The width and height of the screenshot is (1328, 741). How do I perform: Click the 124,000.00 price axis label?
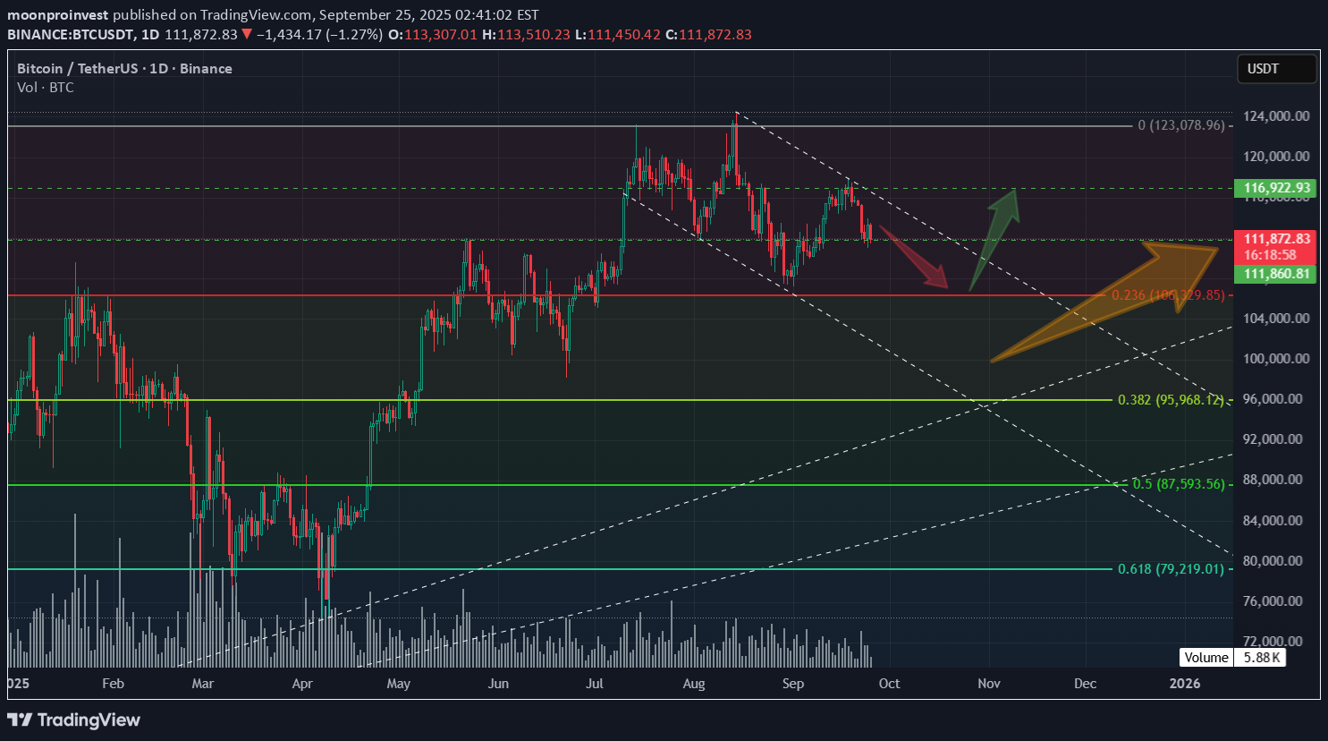[x=1276, y=116]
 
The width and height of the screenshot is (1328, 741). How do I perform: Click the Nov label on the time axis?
[x=988, y=684]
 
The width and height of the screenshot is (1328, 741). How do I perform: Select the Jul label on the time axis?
[x=594, y=684]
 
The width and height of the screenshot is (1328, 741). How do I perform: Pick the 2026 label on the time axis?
[x=1185, y=684]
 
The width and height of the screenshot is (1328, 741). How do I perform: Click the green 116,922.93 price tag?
[x=1276, y=188]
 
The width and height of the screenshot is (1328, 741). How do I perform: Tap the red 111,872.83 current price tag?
[x=1276, y=239]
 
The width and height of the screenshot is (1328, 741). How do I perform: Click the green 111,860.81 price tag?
[x=1276, y=274]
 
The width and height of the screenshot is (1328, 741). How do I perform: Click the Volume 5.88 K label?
[x=1232, y=658]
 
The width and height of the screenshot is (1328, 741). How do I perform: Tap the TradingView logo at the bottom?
[x=74, y=720]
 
